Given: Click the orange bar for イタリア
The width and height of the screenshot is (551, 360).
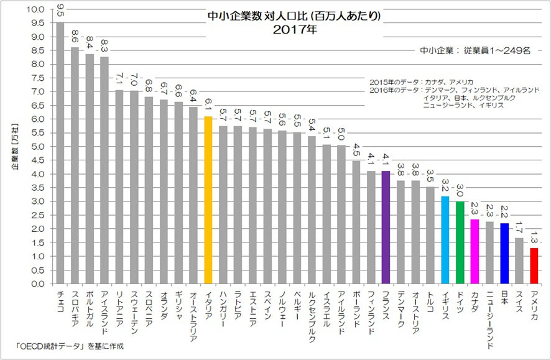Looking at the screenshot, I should point(208,200).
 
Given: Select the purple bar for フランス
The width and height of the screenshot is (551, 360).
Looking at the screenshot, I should point(386,227).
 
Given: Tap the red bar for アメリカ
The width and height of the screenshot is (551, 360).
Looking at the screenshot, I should point(534,265).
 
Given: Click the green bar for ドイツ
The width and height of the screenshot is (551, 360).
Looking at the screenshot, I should point(460,242).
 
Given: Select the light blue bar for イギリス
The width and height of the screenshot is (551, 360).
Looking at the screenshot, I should point(445,239).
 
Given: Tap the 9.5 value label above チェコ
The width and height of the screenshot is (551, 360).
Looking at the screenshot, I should point(60,11).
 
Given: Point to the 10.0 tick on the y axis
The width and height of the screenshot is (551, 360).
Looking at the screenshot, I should point(37,10).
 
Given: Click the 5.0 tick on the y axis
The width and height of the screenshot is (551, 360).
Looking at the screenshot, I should point(37,147).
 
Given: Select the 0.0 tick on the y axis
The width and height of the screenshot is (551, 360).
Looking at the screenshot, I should point(37,284).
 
